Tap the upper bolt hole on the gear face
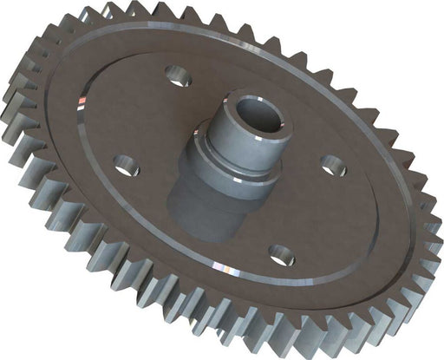coord(180,78)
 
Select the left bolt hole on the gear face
coord(126,165)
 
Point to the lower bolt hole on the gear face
coord(282,254)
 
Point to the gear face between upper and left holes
coord(139,113)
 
